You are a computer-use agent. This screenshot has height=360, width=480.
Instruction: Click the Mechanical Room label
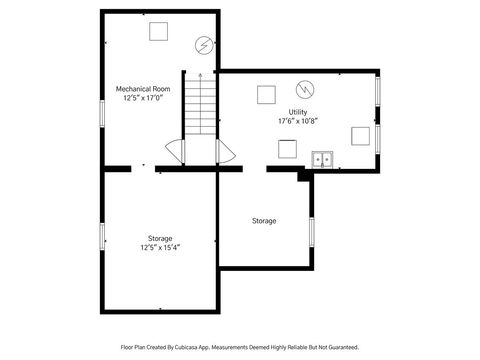pyautogui.click(x=143, y=89)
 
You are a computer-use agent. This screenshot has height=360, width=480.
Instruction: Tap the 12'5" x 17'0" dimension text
pyautogui.click(x=143, y=98)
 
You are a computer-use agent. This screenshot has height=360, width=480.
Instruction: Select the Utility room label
pyautogui.click(x=298, y=112)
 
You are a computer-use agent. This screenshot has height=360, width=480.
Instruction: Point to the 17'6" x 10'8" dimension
pyautogui.click(x=298, y=121)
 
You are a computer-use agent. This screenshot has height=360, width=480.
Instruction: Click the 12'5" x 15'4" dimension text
pyautogui.click(x=160, y=247)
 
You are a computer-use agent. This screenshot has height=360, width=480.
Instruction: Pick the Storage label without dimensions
pyautogui.click(x=264, y=220)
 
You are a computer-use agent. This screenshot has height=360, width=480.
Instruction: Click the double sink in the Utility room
pyautogui.click(x=322, y=158)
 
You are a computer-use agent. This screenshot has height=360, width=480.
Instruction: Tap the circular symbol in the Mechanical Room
pyautogui.click(x=203, y=45)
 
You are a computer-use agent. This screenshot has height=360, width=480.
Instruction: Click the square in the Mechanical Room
pyautogui.click(x=158, y=31)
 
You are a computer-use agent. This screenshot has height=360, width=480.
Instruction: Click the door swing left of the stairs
pyautogui.click(x=176, y=152)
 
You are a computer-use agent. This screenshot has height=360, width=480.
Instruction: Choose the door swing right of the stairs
pyautogui.click(x=225, y=152)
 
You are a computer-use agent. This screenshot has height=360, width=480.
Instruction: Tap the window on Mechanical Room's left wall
pyautogui.click(x=102, y=110)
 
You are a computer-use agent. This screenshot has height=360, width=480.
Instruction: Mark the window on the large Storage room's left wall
pyautogui.click(x=102, y=237)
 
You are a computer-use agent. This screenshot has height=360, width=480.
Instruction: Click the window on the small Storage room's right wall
pyautogui.click(x=312, y=231)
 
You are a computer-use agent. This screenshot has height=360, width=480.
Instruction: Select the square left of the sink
pyautogui.click(x=287, y=149)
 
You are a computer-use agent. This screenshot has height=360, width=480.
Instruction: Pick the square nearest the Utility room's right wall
pyautogui.click(x=360, y=137)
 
